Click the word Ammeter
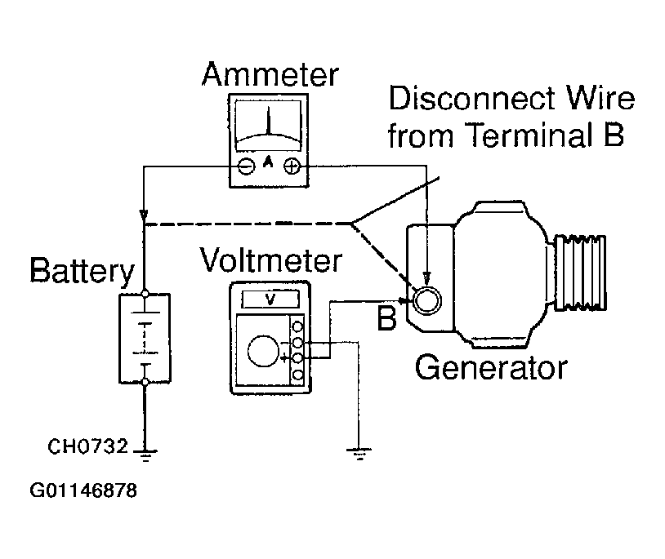(270, 74)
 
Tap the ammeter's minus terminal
(247, 166)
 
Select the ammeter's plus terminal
(292, 166)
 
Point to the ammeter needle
(269, 121)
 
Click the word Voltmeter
(270, 260)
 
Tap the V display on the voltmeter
(270, 299)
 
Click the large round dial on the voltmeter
(263, 351)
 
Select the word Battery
(82, 272)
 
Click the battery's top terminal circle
(145, 294)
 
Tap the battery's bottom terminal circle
(145, 382)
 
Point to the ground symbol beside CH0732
(145, 455)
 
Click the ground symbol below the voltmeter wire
(359, 454)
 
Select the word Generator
(491, 368)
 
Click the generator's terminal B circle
(427, 301)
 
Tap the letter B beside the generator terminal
(386, 318)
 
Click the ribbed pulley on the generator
(580, 272)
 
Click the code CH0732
(87, 446)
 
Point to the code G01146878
(83, 490)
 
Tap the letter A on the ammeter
(268, 162)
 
